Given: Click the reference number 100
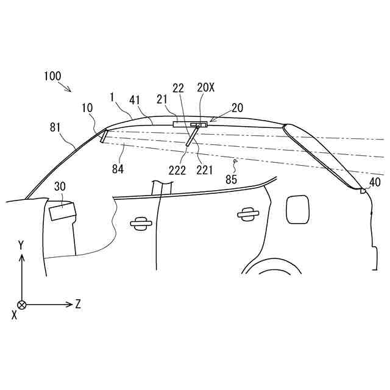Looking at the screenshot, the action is [52, 76].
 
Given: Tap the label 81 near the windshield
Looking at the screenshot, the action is [56, 127].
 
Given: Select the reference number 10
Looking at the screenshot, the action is [87, 107].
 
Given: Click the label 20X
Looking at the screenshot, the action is [206, 88].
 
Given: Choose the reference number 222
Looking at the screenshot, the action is [178, 170].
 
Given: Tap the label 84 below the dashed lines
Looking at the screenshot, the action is [118, 169].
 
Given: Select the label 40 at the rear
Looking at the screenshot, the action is [375, 181].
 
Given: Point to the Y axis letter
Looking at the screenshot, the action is [21, 245].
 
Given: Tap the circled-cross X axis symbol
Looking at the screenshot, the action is [22, 304].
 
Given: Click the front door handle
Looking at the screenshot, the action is [141, 223].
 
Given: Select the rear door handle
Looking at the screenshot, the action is [247, 213].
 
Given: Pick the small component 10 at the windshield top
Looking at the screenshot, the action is [104, 136].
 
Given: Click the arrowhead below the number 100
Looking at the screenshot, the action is [70, 90].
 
